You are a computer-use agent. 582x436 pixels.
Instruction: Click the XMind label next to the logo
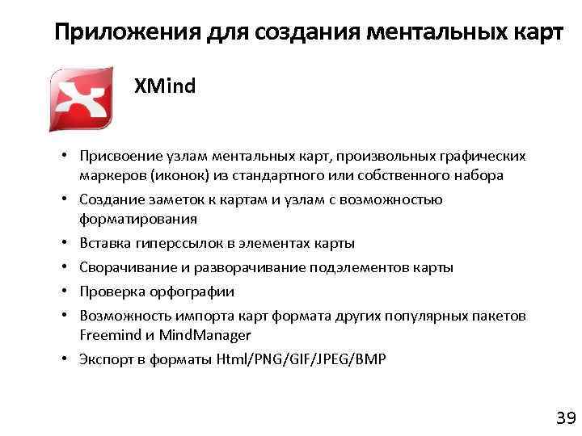[165, 86]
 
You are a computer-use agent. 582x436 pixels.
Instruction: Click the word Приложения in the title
[111, 34]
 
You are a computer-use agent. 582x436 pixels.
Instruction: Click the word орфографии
[193, 291]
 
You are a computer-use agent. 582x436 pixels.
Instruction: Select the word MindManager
[205, 335]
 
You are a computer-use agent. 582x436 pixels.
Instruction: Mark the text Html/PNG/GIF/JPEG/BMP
[302, 359]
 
